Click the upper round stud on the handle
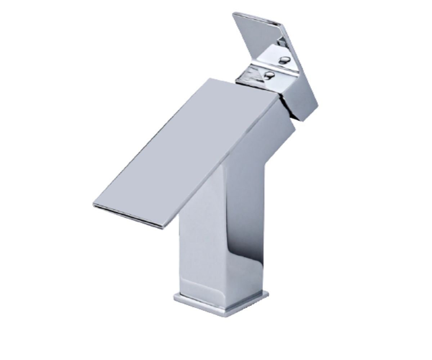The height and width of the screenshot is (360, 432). (285, 59)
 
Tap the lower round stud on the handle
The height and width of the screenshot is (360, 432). (269, 75)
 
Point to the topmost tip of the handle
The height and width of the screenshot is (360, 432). (234, 14)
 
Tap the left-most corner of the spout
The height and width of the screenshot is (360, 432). (94, 204)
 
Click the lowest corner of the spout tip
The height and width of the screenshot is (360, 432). (163, 228)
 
